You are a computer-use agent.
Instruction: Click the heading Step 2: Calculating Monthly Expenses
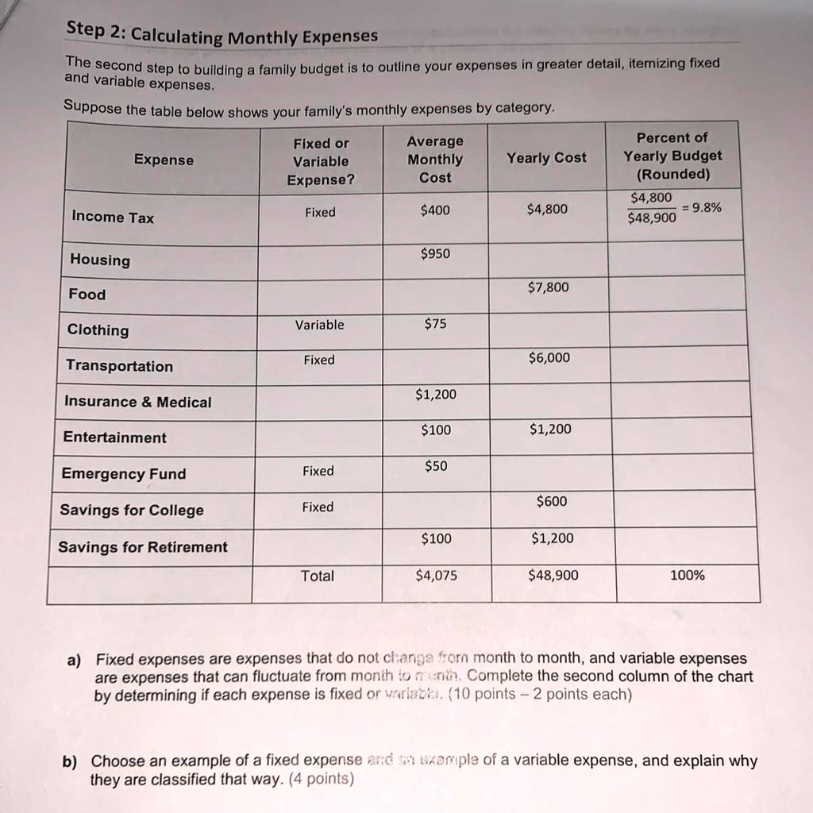point(222,33)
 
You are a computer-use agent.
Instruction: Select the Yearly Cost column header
point(547,158)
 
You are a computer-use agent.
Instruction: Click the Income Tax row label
point(113,217)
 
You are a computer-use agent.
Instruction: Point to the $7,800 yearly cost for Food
point(548,287)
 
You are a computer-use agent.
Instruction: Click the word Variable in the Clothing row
point(319,325)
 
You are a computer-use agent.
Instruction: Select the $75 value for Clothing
point(435,323)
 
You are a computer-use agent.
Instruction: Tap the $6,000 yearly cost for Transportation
point(548,357)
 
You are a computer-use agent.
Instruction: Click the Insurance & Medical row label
point(137,402)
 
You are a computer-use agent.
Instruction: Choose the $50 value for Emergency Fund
point(436,466)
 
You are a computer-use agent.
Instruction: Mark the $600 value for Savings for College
point(550,501)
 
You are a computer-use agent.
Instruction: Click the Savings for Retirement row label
point(142,547)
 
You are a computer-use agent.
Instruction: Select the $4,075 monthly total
point(436,576)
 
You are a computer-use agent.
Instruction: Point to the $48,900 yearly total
point(553,576)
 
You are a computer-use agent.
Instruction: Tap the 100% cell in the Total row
point(687,576)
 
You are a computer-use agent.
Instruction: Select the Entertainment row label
point(114,437)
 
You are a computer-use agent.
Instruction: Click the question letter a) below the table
point(74,659)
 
